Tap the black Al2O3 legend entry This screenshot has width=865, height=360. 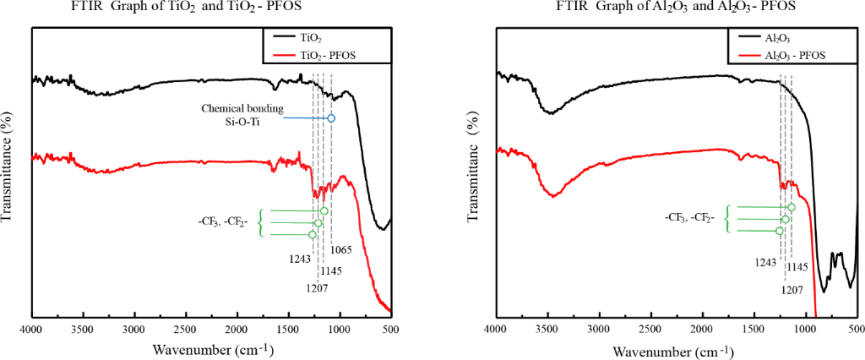pyautogui.click(x=777, y=38)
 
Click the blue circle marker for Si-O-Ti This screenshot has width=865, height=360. pyautogui.click(x=331, y=118)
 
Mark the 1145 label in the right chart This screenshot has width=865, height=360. pyautogui.click(x=797, y=267)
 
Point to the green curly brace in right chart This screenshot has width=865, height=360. pyautogui.click(x=728, y=219)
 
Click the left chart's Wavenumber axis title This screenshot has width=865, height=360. pyautogui.click(x=210, y=348)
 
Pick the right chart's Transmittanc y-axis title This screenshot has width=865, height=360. pyautogui.click(x=474, y=169)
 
